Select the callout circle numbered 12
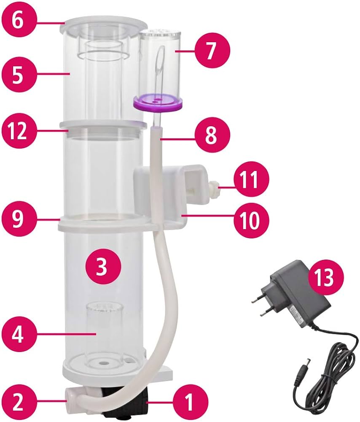(x=18, y=131)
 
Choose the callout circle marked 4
(x=18, y=334)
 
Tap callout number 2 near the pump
(x=18, y=401)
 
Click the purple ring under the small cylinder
(x=158, y=102)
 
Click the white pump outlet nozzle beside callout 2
(x=70, y=395)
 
